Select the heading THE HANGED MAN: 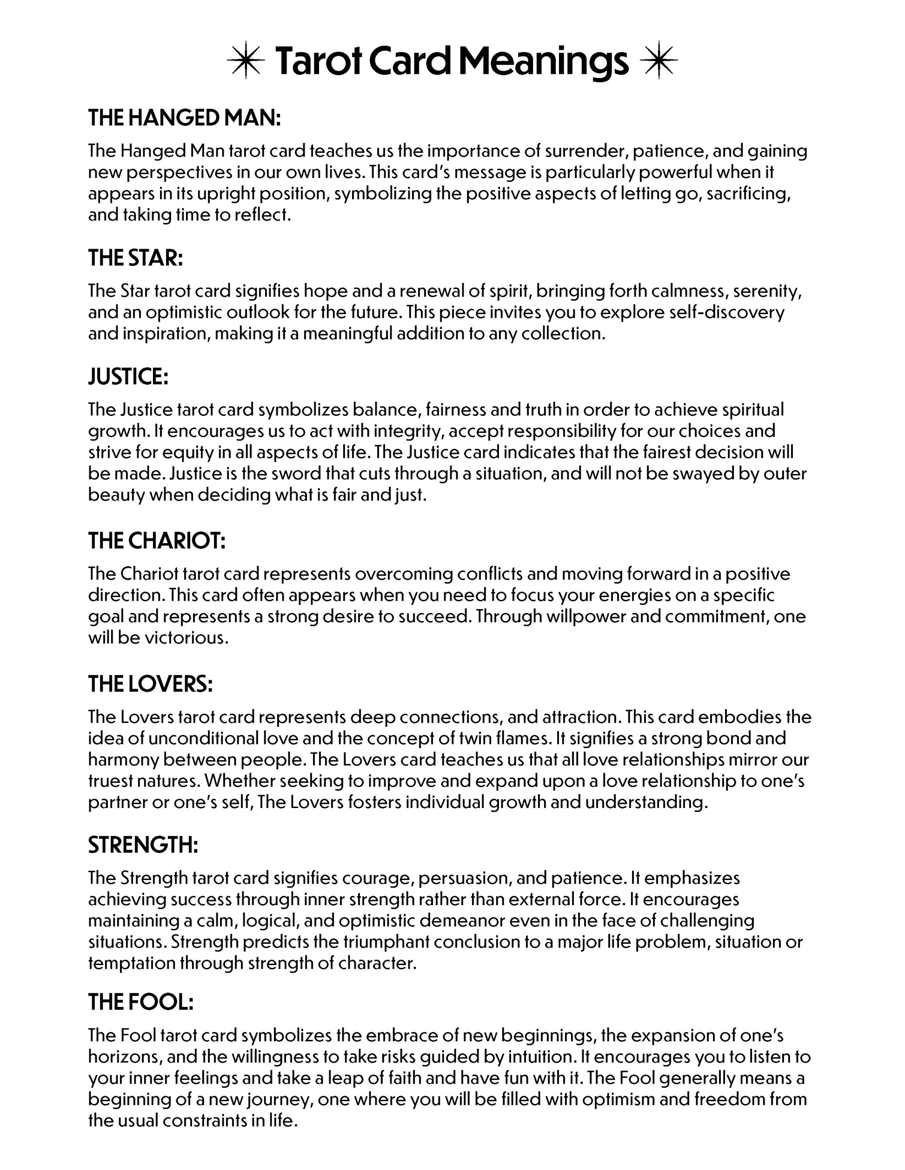(185, 118)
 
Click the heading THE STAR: (136, 258)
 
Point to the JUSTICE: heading (128, 377)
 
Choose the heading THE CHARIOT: (157, 541)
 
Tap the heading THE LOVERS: (151, 684)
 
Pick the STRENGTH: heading (143, 845)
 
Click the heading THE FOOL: (141, 1002)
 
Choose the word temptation (131, 963)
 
